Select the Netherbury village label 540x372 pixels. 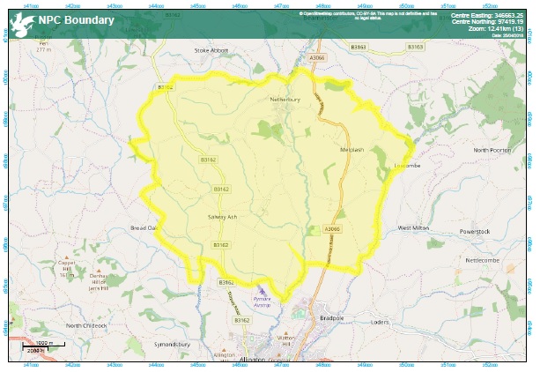(x=285, y=100)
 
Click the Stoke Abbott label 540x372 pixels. (x=211, y=50)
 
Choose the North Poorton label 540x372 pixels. (x=492, y=150)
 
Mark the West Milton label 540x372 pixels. (x=413, y=227)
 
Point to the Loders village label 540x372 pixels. (x=380, y=322)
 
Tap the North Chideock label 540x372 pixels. (x=85, y=325)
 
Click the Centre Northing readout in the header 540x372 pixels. (x=492, y=22)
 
